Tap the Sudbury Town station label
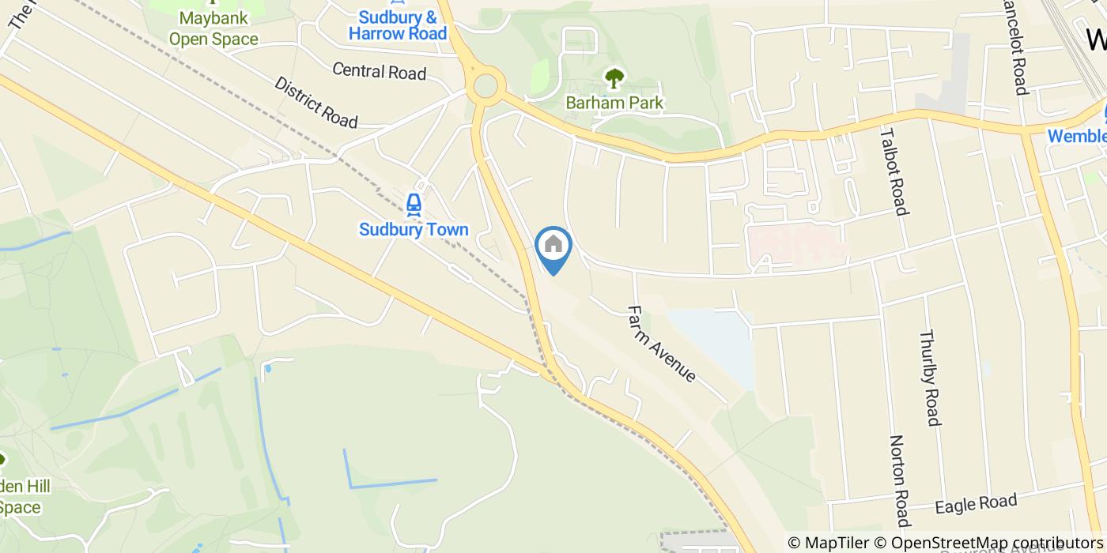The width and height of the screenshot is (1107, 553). pos(414,230)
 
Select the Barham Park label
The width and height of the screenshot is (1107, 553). pos(614,103)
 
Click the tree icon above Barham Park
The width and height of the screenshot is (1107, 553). pos(614,78)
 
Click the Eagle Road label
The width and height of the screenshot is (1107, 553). pos(975,503)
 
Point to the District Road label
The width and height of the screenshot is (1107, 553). pos(316,102)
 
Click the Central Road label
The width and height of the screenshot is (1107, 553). pos(379,72)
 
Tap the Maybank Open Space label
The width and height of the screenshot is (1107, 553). pos(213,28)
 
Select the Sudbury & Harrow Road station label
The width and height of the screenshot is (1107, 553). pos(398,25)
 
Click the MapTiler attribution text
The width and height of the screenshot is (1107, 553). pos(827,543)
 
